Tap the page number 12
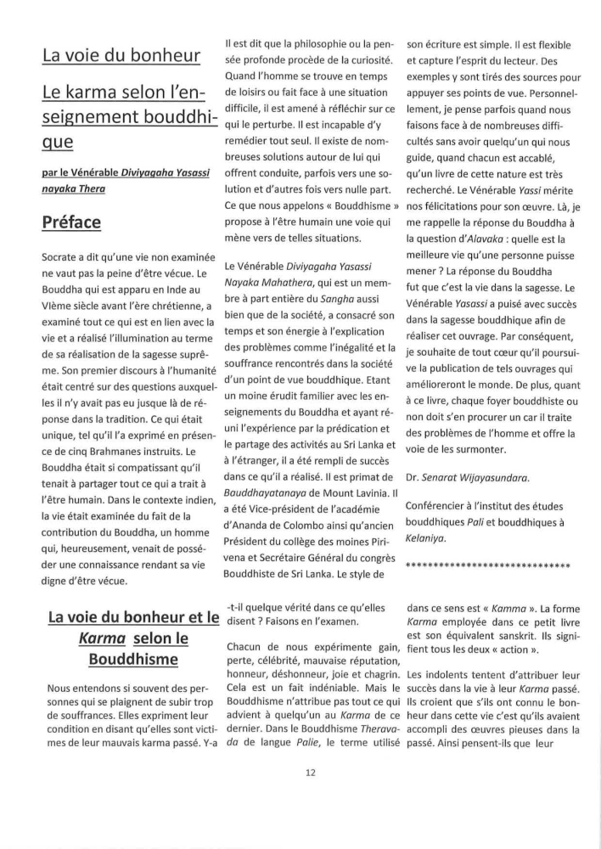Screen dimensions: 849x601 tap(300, 772)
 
